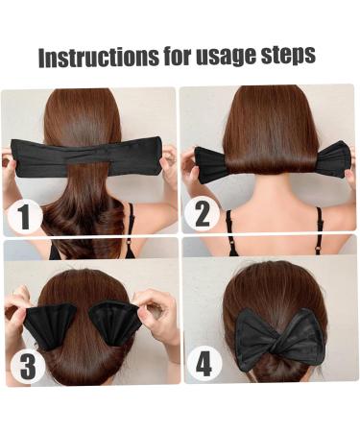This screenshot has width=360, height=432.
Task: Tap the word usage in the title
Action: coord(225,57)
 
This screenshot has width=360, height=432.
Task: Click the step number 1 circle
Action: coord(25,215)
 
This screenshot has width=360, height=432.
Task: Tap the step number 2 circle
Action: coord(202,213)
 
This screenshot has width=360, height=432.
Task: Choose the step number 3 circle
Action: coord(27,366)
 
